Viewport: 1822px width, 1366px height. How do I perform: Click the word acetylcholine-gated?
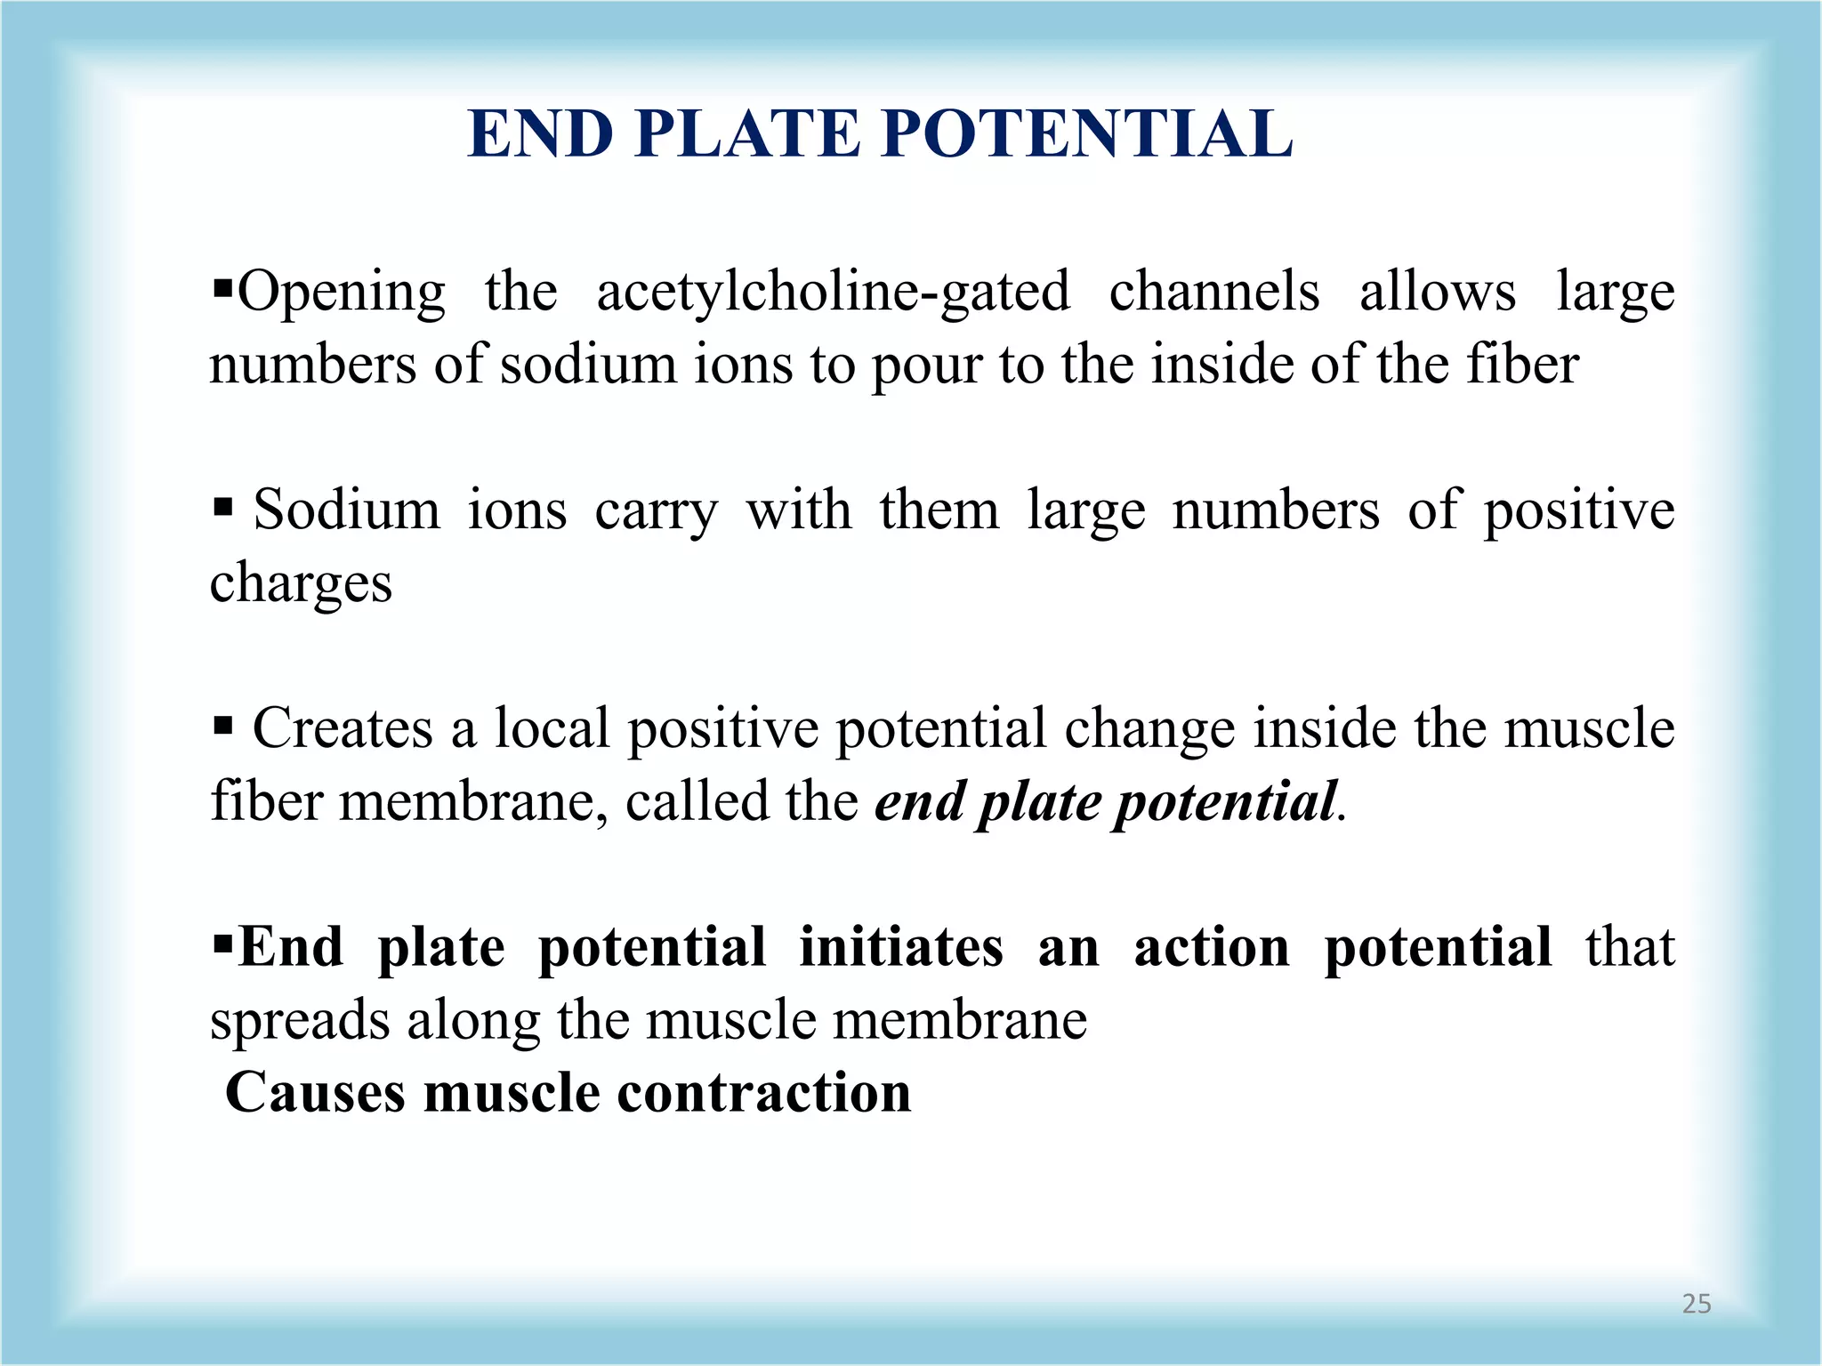point(833,292)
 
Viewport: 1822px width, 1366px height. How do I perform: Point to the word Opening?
point(342,293)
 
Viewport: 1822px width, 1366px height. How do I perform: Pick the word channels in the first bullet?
point(1214,292)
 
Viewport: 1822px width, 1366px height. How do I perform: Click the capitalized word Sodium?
point(347,510)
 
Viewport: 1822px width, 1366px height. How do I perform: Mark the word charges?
point(301,585)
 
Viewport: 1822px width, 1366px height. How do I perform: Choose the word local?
point(552,728)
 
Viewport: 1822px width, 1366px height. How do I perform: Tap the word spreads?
point(299,1021)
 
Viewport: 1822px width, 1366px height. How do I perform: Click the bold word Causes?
point(315,1092)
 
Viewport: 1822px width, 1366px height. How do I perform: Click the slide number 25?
point(1696,1304)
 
